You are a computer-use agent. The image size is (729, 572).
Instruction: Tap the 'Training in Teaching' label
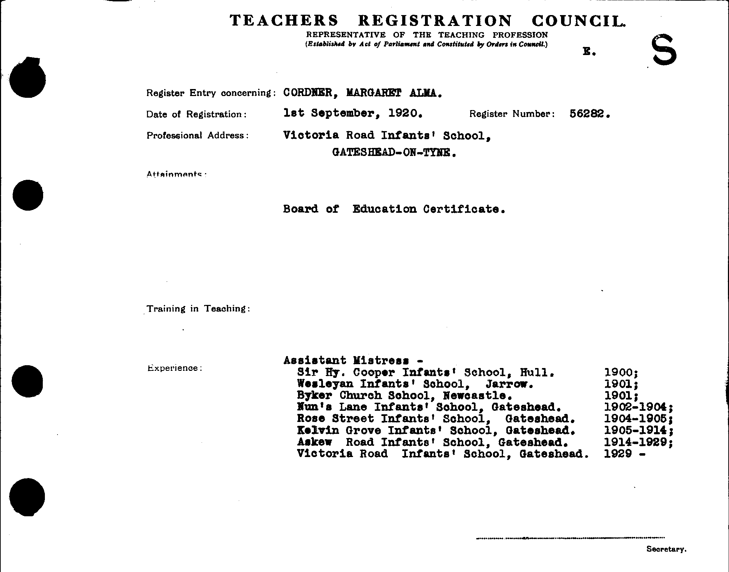[198, 308]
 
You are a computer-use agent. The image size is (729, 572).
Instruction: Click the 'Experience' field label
[174, 368]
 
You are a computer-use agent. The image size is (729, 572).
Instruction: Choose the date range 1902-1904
[635, 407]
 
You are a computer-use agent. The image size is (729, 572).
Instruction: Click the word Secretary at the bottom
[666, 549]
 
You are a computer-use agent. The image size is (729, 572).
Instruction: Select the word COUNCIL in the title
[578, 21]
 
